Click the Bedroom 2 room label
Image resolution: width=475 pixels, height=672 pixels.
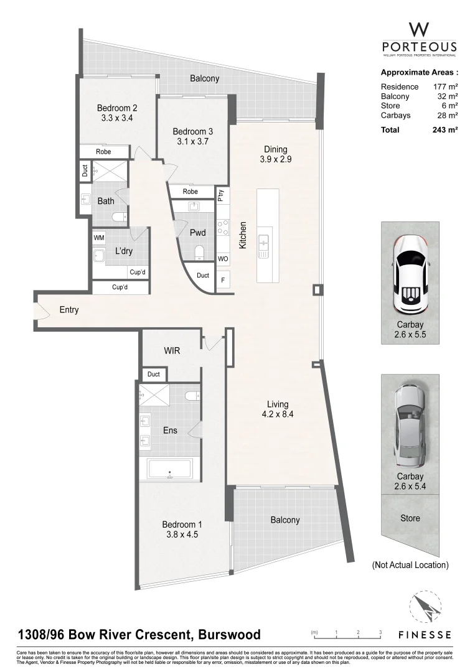click(117, 107)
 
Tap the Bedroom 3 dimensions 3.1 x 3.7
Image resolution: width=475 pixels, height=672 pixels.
click(192, 142)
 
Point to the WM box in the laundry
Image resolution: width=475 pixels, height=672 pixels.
click(98, 238)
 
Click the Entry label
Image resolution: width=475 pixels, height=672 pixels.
click(68, 309)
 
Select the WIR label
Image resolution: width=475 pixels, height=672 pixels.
click(172, 351)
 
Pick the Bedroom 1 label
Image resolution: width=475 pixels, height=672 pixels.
click(182, 524)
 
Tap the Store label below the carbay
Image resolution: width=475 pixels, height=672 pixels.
click(410, 518)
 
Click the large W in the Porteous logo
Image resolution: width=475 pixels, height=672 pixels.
click(418, 29)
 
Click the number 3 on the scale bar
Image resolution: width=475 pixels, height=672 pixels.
click(380, 632)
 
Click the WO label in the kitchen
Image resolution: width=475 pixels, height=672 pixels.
click(222, 258)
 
